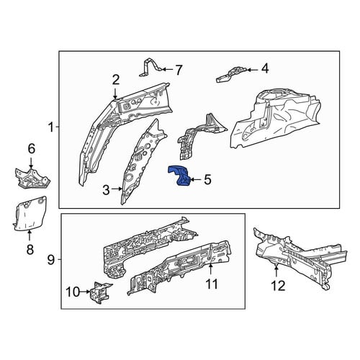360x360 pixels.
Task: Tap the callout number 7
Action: coord(178,70)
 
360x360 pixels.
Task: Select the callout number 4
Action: coord(265,68)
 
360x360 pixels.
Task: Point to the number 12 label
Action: coord(278,286)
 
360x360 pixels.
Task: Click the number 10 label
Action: coord(73,292)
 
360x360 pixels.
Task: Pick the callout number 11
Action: coord(212,284)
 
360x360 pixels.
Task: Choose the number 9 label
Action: coord(51,259)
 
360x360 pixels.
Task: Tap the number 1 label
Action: coord(51,127)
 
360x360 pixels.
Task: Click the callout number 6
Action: coord(32,149)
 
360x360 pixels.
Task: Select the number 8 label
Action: coord(30,249)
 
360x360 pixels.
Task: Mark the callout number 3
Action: coord(106,190)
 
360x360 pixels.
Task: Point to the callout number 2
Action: coord(116,80)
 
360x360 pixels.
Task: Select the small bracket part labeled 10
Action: coord(99,292)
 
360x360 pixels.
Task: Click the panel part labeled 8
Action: coord(30,215)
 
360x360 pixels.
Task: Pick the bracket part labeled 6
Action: coord(31,179)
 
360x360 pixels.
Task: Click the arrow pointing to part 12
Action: coord(276,271)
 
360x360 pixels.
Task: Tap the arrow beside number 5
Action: coord(195,179)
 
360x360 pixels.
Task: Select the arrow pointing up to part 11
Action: coord(210,269)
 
